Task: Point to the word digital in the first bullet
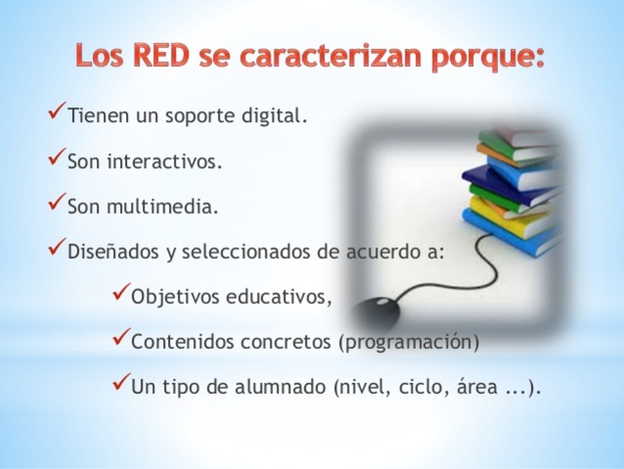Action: [272, 118]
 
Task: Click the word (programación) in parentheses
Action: [408, 343]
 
